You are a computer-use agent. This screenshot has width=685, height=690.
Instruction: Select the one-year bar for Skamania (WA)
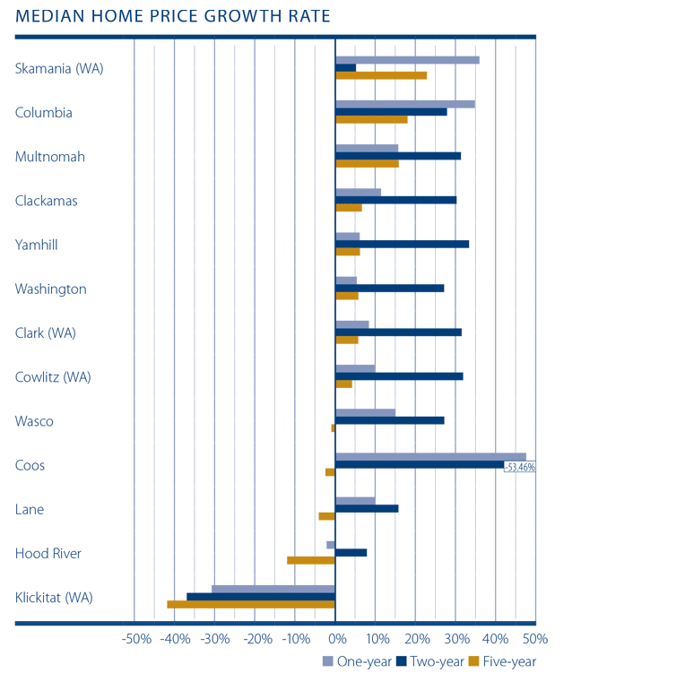tap(407, 60)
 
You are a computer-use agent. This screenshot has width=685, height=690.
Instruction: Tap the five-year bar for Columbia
tap(371, 120)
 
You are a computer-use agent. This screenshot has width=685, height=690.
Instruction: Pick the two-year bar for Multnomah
tap(398, 156)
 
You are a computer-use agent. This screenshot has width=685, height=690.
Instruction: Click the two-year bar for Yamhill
tap(402, 244)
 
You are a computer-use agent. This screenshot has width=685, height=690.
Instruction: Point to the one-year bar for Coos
tap(430, 457)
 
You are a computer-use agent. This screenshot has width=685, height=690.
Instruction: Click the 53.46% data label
tap(519, 467)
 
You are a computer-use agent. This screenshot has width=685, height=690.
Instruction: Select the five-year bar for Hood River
tap(311, 560)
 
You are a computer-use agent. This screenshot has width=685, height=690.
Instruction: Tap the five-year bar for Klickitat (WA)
tap(251, 604)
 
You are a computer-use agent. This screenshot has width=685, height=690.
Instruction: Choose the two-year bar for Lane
tap(367, 508)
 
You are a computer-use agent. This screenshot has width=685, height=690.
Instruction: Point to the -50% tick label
tap(135, 639)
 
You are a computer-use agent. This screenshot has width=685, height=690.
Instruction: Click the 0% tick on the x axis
tap(336, 639)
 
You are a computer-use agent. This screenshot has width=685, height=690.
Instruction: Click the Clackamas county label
tap(47, 201)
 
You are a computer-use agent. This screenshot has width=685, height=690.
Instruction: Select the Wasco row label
tap(35, 421)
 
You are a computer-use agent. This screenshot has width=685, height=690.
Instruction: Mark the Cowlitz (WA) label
tap(53, 377)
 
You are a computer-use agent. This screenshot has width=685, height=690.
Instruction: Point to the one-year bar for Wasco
tap(365, 412)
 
